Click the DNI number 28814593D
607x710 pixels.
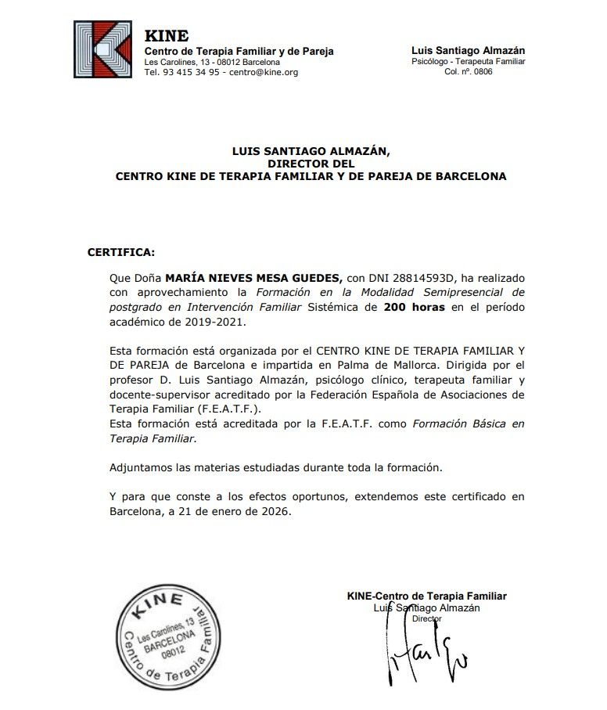tap(424, 278)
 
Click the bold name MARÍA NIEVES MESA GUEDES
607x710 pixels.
tap(253, 278)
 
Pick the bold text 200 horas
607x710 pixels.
tap(414, 308)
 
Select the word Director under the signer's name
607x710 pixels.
tap(426, 618)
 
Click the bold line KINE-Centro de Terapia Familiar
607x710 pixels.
tap(426, 596)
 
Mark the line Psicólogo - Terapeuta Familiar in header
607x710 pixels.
tap(468, 61)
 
